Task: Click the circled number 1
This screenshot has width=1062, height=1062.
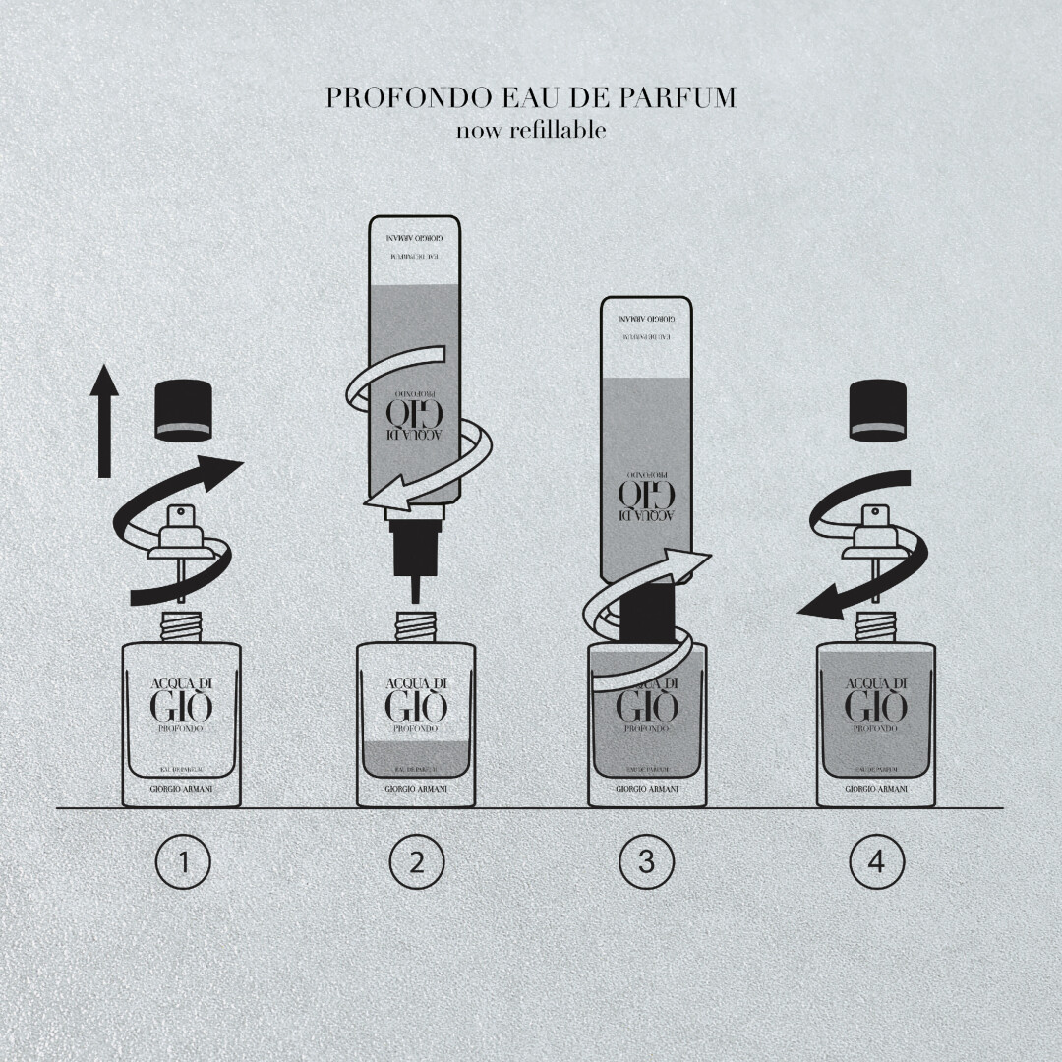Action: click(184, 862)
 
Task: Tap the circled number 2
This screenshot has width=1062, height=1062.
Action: click(416, 862)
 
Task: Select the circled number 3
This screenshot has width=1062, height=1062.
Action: click(646, 862)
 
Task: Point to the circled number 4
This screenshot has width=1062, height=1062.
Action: click(876, 862)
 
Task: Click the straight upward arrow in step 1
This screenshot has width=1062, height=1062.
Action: click(104, 429)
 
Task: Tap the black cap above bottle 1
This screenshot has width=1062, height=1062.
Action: click(184, 409)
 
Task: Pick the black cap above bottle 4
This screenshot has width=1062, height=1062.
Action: click(876, 409)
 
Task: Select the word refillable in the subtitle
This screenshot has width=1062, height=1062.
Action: click(558, 129)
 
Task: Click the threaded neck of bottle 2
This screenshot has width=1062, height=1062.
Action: click(416, 626)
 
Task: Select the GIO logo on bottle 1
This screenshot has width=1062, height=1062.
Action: click(181, 706)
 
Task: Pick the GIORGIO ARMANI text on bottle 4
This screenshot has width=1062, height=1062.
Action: click(876, 789)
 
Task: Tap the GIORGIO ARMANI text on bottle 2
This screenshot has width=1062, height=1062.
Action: click(415, 789)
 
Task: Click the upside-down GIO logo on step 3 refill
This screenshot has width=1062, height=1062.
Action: click(646, 497)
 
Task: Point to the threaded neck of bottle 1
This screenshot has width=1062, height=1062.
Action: click(182, 626)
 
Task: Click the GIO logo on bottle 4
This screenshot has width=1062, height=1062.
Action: click(876, 706)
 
